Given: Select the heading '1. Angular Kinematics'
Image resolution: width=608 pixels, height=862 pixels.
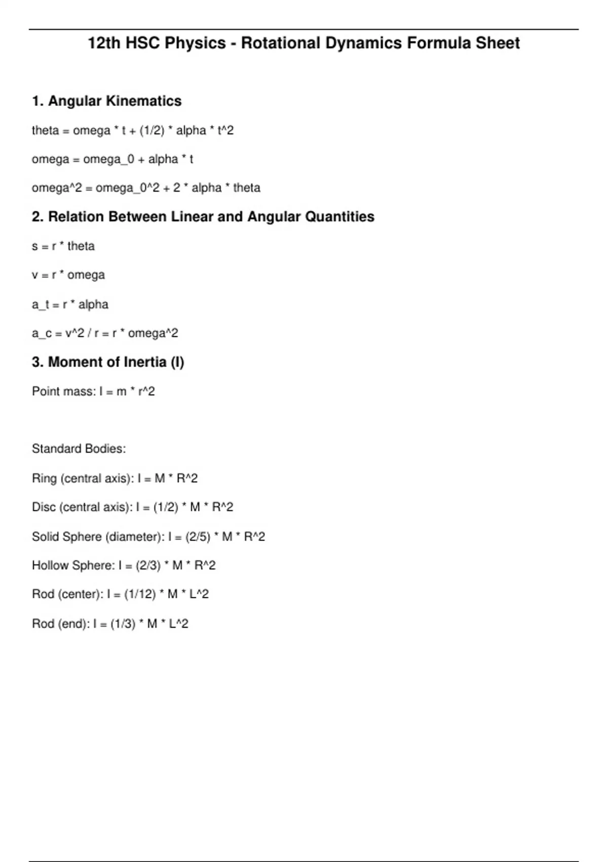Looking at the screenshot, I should pos(106,101).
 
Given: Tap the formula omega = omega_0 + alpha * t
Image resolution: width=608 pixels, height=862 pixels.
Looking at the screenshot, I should pos(112,159).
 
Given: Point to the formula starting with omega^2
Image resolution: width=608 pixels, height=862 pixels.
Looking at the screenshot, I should pos(146,188).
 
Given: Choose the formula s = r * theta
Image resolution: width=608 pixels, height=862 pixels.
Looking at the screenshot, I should pos(63,246).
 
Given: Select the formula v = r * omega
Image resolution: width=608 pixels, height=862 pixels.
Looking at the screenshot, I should pos(68,275).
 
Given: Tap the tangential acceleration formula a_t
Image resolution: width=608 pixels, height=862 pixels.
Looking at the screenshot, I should pos(70,304).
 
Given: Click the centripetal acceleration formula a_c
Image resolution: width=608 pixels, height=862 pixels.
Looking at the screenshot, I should pos(105,333).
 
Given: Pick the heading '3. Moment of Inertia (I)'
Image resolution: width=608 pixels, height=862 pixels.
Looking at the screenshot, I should pos(108,362).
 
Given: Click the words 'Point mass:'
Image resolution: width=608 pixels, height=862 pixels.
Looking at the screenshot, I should pos(63,391).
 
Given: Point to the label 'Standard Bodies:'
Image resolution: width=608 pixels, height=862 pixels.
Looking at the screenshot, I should pos(79,449).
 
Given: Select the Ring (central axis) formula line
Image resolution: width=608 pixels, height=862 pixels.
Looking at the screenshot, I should pos(115,478).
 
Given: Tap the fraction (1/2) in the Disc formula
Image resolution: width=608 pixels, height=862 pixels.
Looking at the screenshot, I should pos(166,507).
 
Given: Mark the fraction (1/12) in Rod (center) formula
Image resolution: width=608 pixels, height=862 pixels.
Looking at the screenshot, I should pos(140,594).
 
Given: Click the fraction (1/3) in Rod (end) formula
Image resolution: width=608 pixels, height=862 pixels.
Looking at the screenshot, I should pos(123,624).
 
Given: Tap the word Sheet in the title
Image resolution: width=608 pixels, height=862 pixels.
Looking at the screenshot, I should pos(498,44).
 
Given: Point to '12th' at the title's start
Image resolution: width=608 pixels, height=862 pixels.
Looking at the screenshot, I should pos(104,44).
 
